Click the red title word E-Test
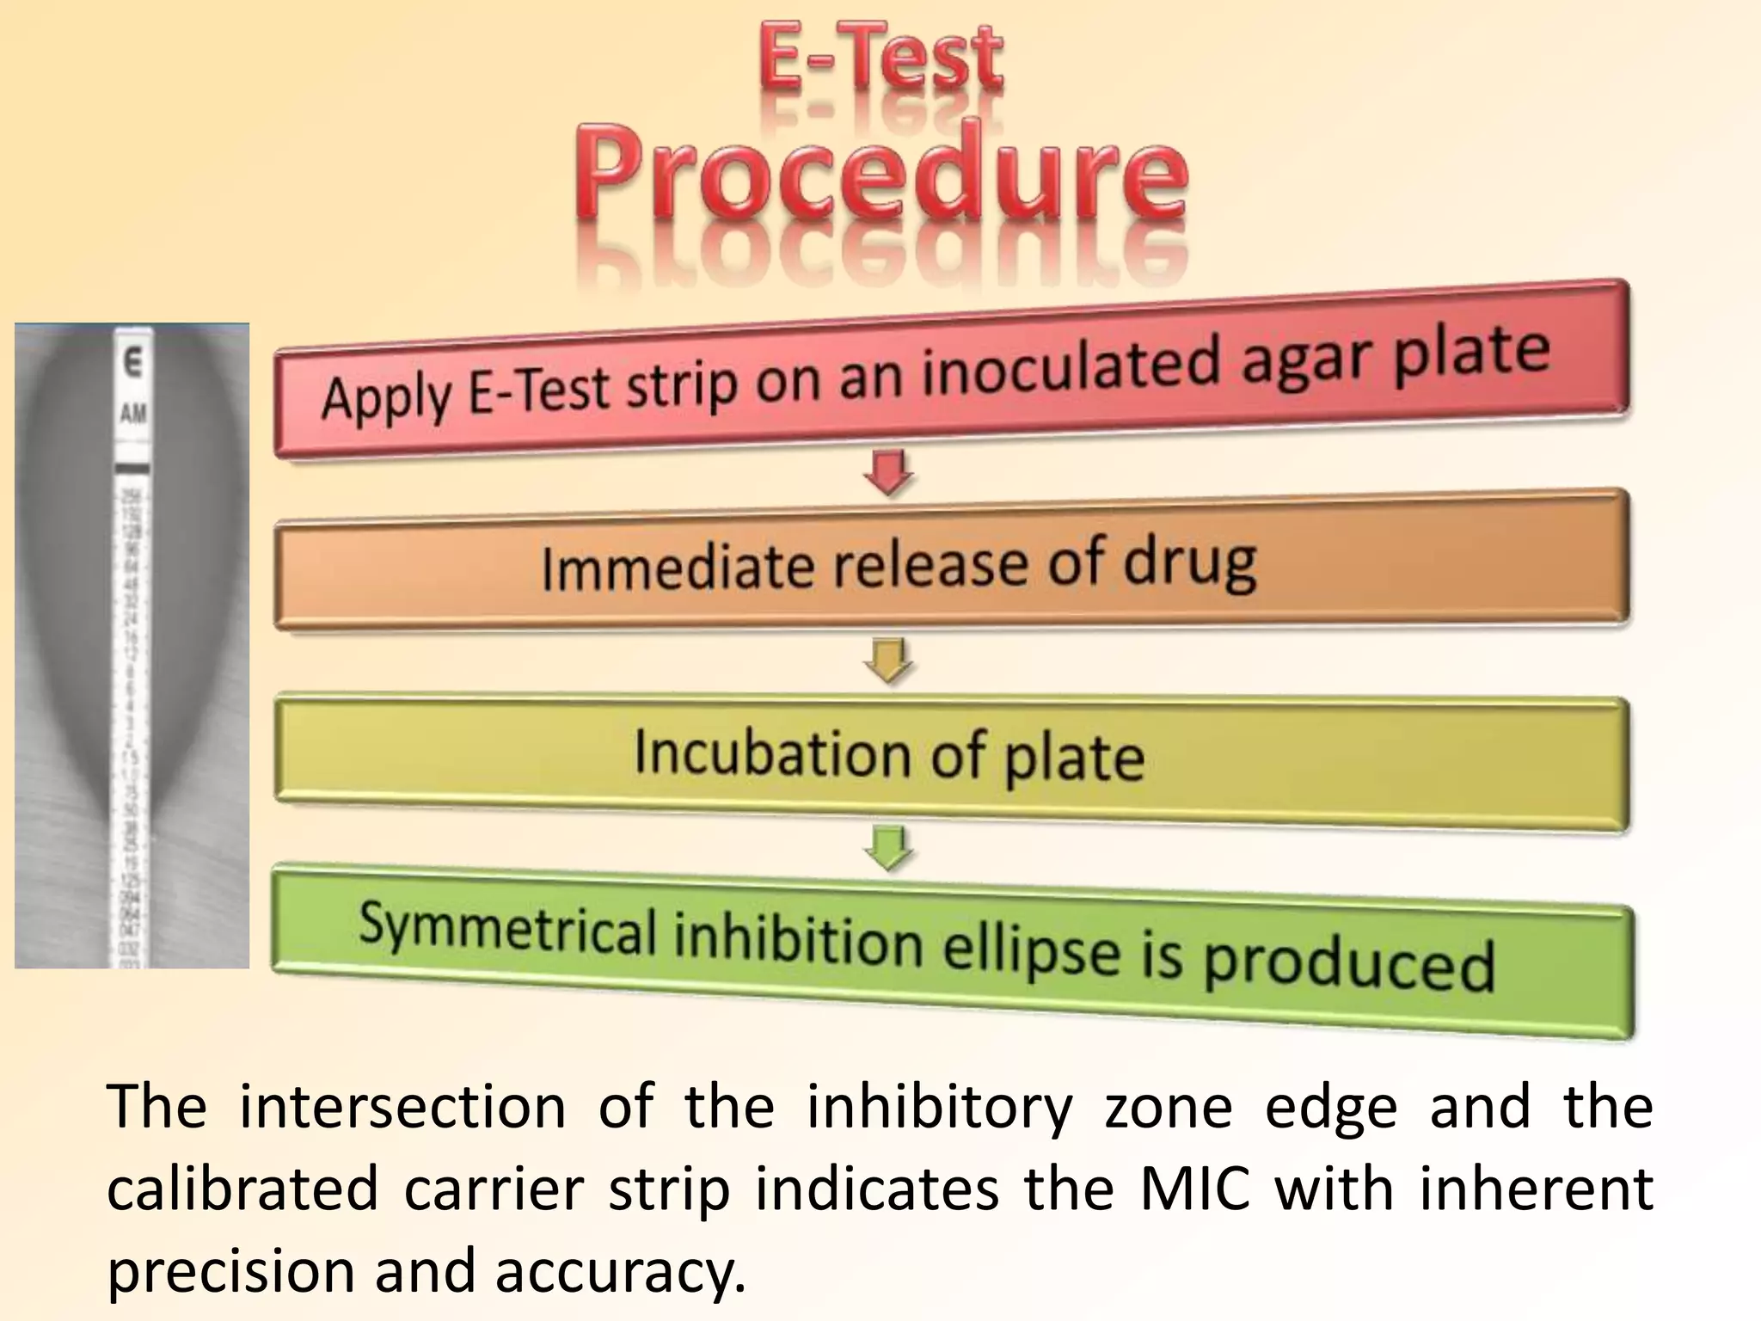click(880, 58)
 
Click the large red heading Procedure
click(880, 172)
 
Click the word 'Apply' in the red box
click(386, 398)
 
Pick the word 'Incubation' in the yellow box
click(770, 753)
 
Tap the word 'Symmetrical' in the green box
click(506, 930)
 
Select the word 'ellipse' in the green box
click(1032, 949)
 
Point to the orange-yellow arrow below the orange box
click(889, 660)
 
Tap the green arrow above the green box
click(889, 847)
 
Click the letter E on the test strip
click(132, 364)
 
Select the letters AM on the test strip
click(133, 414)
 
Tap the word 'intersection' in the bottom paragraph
click(402, 1107)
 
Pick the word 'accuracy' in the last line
click(619, 1271)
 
